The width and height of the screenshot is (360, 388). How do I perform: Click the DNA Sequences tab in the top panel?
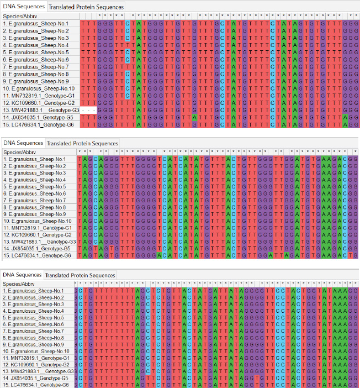[x=24, y=7]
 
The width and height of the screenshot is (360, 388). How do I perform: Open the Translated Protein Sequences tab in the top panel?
[x=86, y=7]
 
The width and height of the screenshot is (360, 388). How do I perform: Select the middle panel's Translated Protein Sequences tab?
[x=82, y=143]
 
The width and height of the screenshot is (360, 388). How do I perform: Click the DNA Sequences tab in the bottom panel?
[x=22, y=275]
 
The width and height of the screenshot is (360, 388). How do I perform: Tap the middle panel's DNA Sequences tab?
[x=23, y=143]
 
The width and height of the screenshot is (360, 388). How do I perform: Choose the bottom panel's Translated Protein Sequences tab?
[x=80, y=275]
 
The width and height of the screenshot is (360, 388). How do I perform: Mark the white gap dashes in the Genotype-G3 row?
[x=88, y=111]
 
